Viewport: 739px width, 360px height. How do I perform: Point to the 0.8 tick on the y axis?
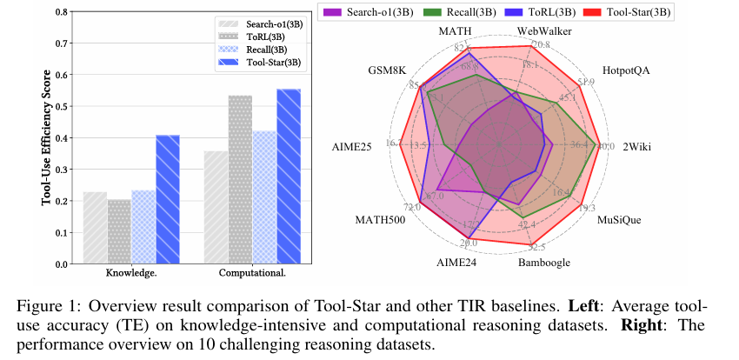tap(64, 12)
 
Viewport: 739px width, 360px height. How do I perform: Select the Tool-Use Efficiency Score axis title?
tap(45, 138)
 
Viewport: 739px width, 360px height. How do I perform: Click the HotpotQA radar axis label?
tap(625, 70)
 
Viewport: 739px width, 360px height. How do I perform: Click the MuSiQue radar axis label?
tap(619, 220)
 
